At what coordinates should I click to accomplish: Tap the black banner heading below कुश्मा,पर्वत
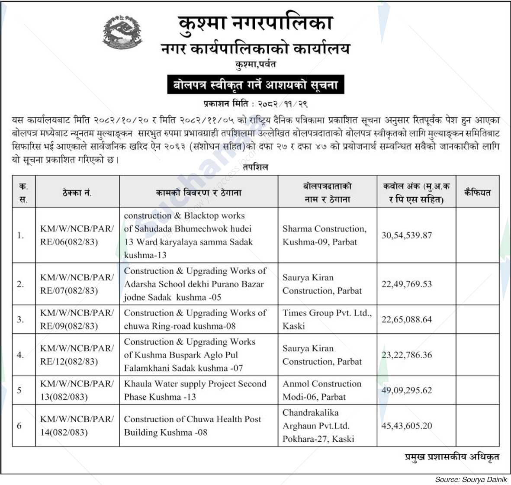[255, 85]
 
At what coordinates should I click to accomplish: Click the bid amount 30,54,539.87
[406, 235]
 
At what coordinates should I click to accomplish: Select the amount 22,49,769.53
[406, 284]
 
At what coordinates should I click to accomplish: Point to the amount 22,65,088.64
[406, 320]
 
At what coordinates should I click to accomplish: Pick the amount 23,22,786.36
[406, 355]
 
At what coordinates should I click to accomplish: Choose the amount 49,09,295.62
[406, 390]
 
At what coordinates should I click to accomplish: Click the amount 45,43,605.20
[406, 426]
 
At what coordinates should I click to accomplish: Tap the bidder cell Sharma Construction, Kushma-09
[325, 235]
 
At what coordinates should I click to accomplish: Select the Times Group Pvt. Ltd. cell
[327, 319]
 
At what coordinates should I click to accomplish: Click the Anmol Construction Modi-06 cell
[322, 390]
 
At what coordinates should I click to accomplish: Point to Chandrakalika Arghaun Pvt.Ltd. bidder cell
[318, 426]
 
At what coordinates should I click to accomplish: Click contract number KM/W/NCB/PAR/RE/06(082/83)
[77, 235]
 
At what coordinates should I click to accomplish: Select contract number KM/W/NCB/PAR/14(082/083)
[77, 426]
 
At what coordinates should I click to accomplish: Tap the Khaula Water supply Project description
[195, 390]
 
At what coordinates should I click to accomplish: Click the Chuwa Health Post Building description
[193, 426]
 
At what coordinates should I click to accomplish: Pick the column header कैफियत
[477, 193]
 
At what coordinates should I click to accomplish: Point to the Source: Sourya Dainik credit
[471, 479]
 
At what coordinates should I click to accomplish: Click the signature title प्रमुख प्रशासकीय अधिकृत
[452, 456]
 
